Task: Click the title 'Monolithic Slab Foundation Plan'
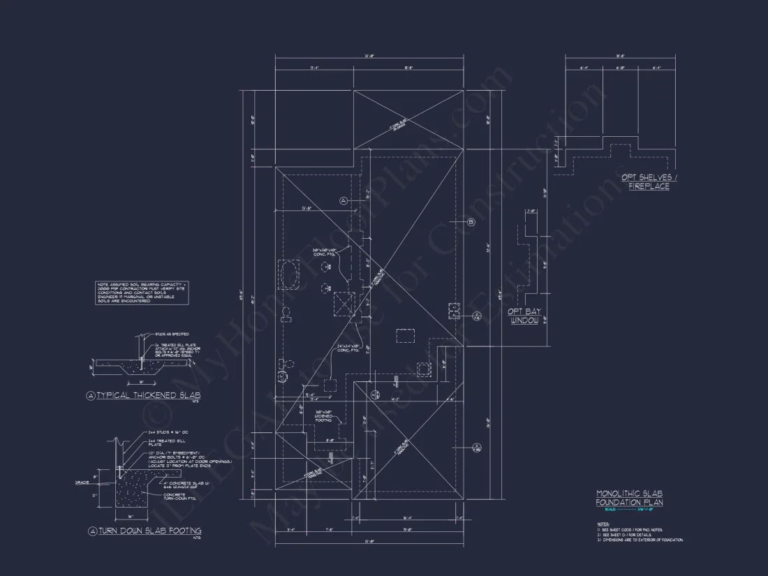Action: point(629,498)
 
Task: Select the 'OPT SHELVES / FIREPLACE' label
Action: point(649,182)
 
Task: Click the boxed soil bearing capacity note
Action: point(132,292)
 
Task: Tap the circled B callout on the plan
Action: point(471,222)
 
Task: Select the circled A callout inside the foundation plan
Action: point(344,200)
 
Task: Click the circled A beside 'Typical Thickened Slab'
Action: point(90,396)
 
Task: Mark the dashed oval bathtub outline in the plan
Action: point(288,274)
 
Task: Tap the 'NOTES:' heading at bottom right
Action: point(603,524)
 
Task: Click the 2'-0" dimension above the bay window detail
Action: point(530,211)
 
